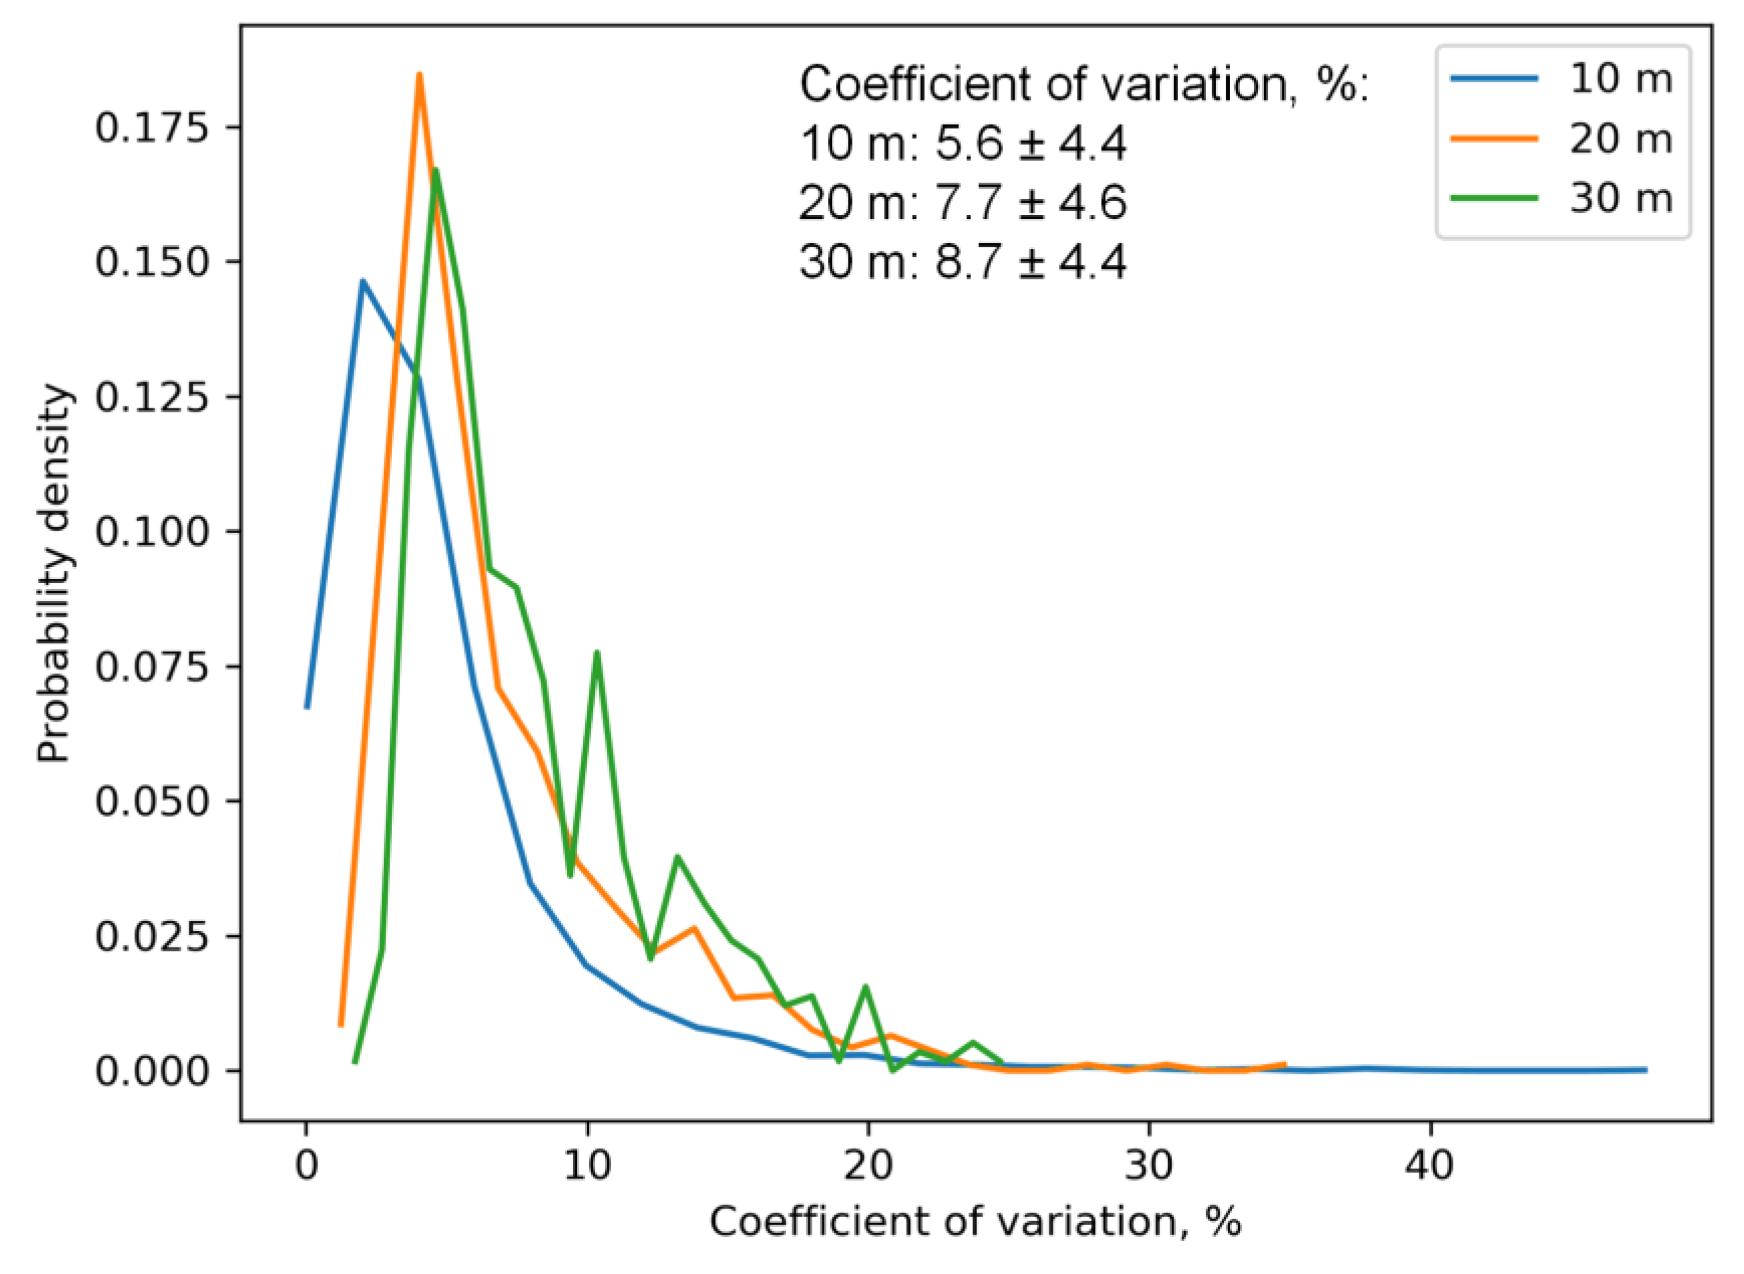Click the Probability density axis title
(x=55, y=574)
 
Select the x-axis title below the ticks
(x=975, y=1222)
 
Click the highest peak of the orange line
(x=420, y=75)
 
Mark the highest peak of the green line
(x=436, y=169)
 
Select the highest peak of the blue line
(x=362, y=281)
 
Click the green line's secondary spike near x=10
(x=597, y=653)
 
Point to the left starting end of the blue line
(x=307, y=706)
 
